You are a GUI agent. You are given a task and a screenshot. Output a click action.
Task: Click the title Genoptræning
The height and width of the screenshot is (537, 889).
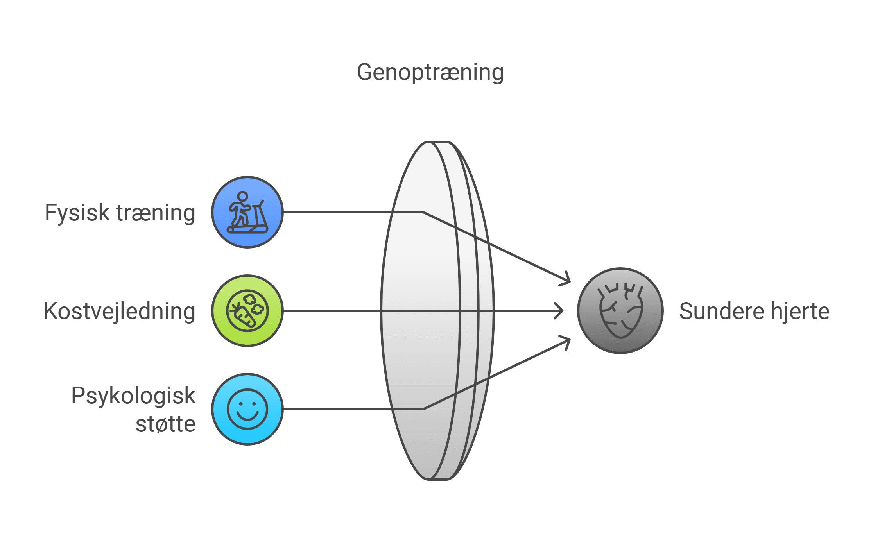click(430, 73)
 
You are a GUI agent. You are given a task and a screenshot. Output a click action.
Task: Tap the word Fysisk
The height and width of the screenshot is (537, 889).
click(77, 213)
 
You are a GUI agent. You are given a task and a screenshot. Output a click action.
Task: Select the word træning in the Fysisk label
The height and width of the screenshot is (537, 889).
click(156, 213)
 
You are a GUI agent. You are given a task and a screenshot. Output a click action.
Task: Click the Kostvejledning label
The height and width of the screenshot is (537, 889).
click(119, 311)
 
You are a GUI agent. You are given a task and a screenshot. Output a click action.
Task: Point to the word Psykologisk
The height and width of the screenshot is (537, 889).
click(133, 396)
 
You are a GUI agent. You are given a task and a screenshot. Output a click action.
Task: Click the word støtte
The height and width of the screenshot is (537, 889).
click(165, 424)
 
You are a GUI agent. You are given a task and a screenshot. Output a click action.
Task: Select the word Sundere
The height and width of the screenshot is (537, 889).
click(721, 311)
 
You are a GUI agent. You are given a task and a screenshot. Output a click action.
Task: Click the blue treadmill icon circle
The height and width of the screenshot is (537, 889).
click(247, 212)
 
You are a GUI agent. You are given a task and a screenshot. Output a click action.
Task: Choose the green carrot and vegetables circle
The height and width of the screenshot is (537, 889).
click(247, 311)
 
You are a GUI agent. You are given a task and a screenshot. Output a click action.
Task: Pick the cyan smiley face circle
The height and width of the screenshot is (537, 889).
click(247, 409)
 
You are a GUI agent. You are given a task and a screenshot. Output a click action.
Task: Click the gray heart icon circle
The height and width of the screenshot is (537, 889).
click(620, 311)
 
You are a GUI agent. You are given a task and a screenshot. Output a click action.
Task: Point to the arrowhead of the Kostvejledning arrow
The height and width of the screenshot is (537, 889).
click(561, 311)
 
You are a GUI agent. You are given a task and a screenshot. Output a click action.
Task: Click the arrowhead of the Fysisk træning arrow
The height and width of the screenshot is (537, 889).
click(568, 281)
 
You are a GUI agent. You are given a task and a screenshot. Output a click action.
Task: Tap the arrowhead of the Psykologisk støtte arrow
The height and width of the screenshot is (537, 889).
click(568, 341)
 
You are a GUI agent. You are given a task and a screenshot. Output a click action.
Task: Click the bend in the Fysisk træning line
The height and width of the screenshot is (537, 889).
click(423, 212)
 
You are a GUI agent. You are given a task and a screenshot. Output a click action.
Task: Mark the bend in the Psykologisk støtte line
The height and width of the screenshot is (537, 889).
click(423, 409)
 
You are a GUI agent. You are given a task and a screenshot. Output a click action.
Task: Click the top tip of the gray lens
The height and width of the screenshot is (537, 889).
click(438, 142)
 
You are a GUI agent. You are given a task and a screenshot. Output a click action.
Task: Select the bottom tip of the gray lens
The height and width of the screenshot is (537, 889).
click(438, 479)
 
